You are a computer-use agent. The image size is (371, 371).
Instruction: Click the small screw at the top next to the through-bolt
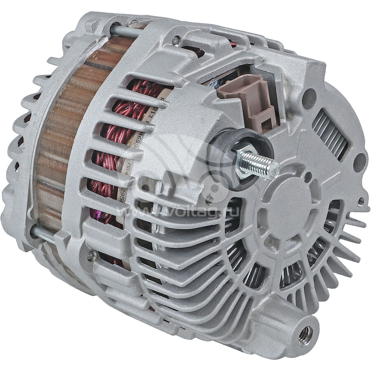click(176, 40)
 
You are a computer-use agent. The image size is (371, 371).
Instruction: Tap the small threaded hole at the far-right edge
click(361, 202)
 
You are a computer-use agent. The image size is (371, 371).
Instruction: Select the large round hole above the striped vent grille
click(309, 93)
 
